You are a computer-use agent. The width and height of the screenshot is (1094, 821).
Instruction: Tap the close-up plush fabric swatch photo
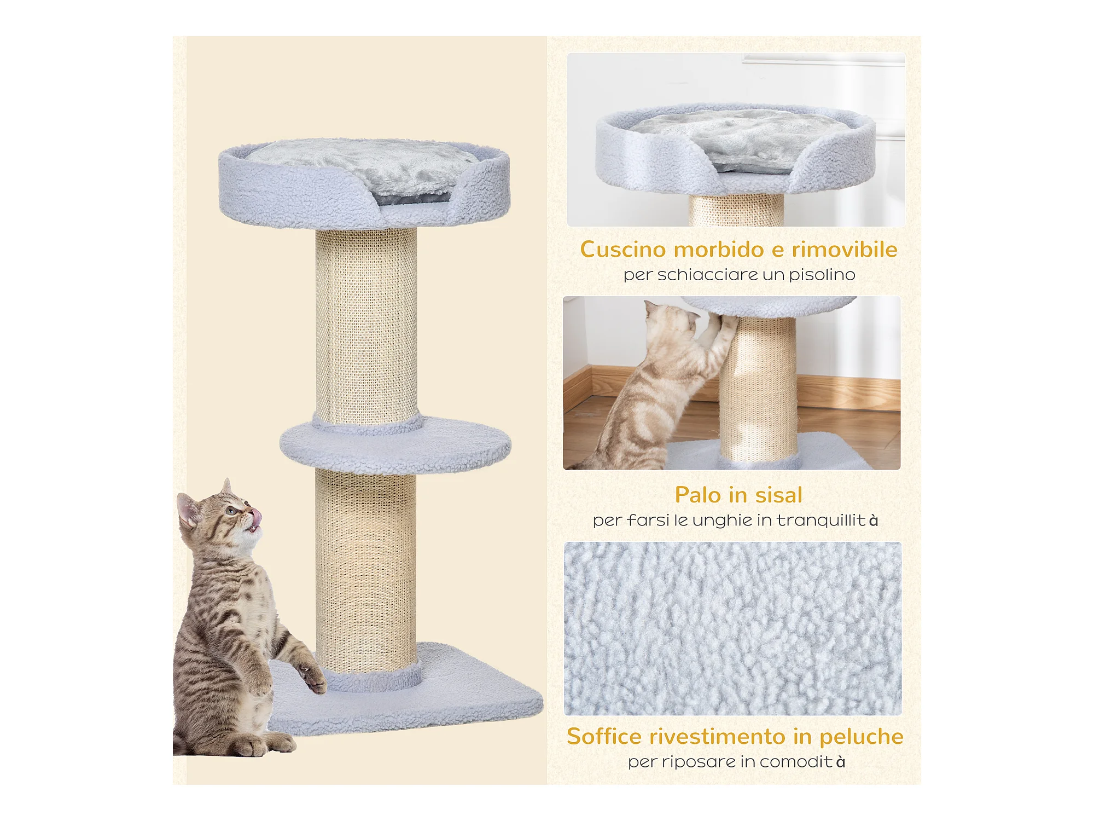click(x=733, y=628)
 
